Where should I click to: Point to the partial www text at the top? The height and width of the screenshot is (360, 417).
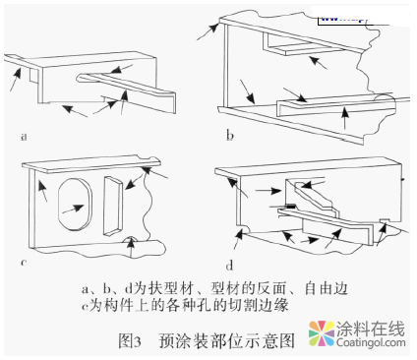pyautogui.click(x=339, y=17)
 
